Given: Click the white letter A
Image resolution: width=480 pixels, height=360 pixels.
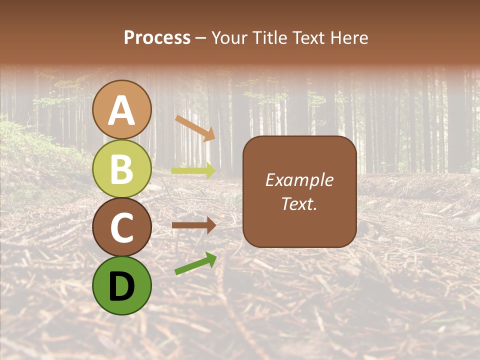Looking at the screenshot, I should tap(121, 111).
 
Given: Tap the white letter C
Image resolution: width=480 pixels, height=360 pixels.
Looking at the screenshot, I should tap(121, 227).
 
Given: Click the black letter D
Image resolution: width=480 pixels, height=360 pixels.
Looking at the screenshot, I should tap(121, 286).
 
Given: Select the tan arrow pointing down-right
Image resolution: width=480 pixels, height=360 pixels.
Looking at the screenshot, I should tap(195, 128).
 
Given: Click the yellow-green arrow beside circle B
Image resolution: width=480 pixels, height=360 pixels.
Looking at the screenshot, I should tap(193, 170).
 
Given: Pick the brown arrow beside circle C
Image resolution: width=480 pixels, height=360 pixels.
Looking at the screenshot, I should tap(193, 225).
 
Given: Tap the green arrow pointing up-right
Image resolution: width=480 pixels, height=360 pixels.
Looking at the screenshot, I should tap(195, 263).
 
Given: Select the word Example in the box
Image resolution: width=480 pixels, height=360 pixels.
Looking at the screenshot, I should tap(299, 180).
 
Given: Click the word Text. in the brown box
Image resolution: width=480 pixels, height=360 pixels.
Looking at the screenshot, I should tap(299, 204).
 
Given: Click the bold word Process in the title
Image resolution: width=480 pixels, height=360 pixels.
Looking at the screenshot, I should tap(157, 37).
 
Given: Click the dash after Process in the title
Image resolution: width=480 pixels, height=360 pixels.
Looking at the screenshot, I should tap(201, 38).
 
